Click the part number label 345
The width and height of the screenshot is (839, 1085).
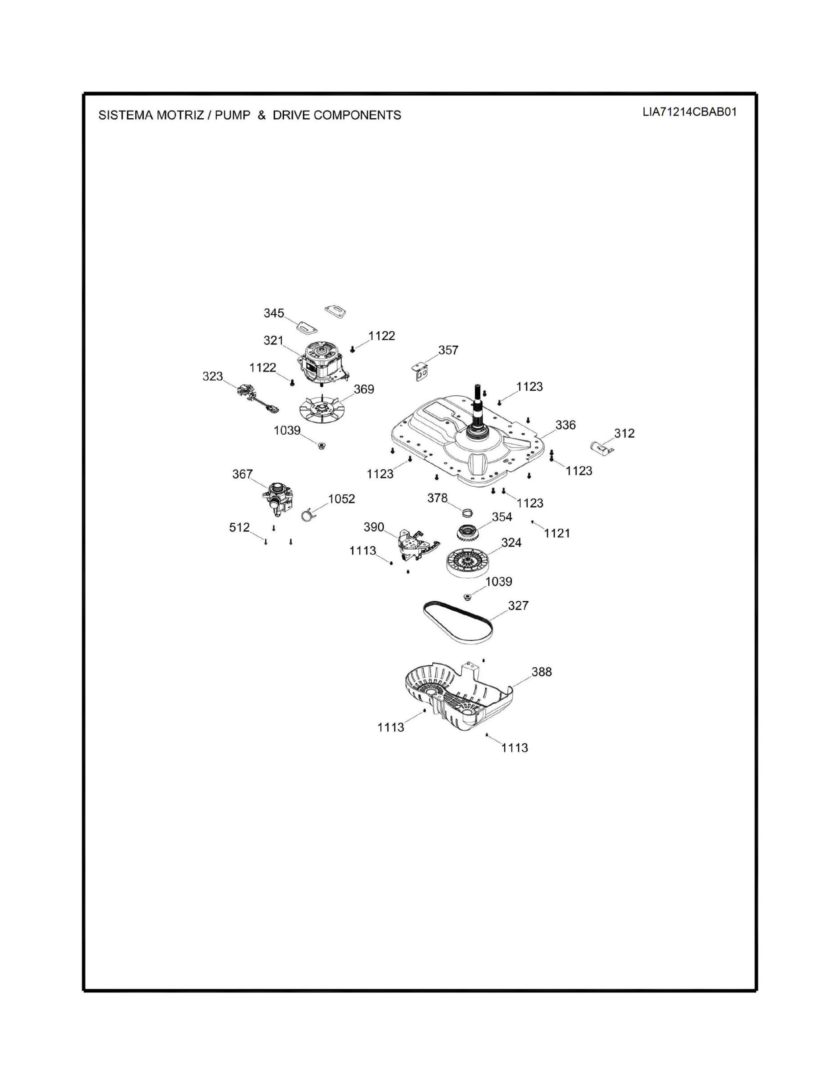coord(273,313)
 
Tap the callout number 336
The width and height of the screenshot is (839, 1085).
coord(565,425)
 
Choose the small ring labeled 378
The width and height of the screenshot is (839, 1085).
coord(467,512)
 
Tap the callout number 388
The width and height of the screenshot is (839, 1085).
coord(541,672)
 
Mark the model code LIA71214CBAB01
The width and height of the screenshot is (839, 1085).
coord(689,112)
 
